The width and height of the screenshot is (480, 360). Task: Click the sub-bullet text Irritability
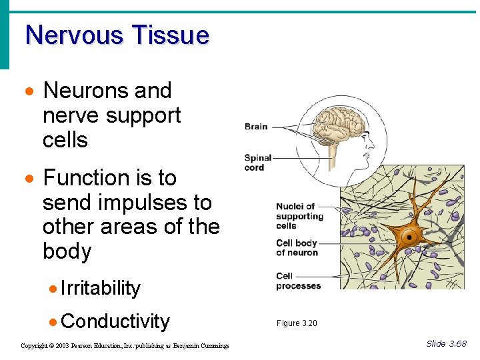click(101, 288)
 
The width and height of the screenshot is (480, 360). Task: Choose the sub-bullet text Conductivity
click(115, 321)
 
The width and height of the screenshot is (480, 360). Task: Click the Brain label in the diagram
click(256, 126)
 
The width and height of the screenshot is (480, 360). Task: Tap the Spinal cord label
click(258, 163)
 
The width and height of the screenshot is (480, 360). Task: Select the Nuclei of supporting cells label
click(299, 216)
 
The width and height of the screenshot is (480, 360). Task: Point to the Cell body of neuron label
click(297, 247)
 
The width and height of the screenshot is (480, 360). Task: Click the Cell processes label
click(298, 281)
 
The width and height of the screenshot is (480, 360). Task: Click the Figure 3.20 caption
click(297, 323)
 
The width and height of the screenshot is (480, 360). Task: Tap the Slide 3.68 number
click(446, 344)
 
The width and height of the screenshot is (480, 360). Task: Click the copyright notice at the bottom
click(125, 345)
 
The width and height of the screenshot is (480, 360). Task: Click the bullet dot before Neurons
click(28, 91)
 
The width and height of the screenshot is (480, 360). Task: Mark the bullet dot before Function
click(28, 179)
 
